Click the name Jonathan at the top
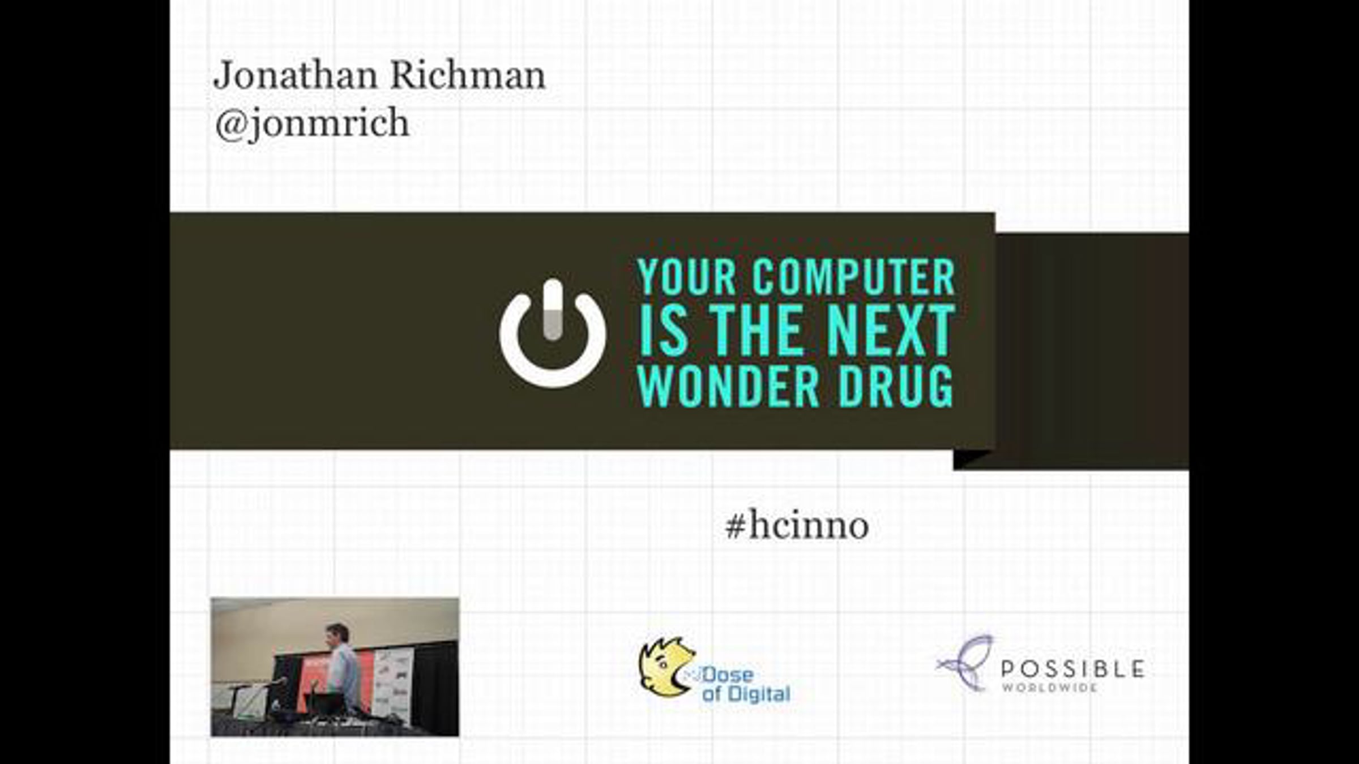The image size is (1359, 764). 295,75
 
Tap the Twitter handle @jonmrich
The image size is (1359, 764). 311,123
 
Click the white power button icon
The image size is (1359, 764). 553,333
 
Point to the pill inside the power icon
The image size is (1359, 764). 553,310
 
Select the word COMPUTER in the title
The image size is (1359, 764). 854,277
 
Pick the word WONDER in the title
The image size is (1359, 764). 728,387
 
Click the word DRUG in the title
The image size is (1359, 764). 896,387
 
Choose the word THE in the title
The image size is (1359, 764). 758,331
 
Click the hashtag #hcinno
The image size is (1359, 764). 797,526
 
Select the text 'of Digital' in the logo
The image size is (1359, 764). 746,694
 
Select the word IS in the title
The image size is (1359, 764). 663,331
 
